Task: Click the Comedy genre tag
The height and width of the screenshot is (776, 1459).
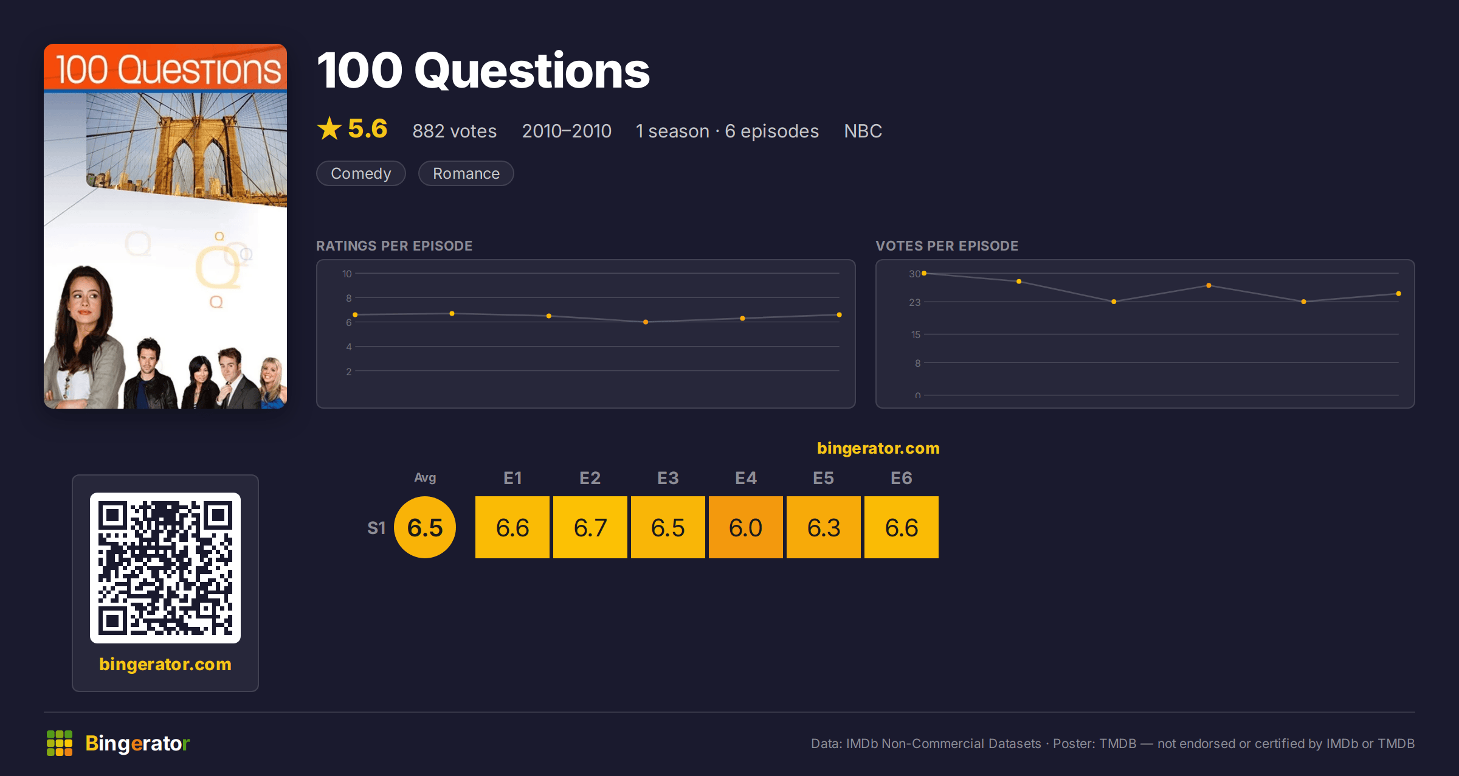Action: point(360,173)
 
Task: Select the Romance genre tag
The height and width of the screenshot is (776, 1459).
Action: point(466,173)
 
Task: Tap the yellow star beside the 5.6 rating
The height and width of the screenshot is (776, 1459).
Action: point(329,128)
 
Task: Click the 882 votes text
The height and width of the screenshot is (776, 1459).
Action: point(455,131)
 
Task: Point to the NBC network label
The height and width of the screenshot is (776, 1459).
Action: point(863,131)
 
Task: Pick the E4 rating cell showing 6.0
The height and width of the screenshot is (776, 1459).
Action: point(746,527)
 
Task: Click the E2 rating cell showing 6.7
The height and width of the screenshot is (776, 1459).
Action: point(590,527)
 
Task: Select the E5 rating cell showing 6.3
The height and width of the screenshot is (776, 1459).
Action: point(824,527)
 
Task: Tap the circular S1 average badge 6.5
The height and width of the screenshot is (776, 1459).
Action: point(425,527)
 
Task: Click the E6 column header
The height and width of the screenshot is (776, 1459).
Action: point(902,478)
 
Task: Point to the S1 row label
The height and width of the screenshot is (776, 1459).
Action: point(376,528)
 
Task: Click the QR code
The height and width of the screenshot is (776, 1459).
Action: point(165,568)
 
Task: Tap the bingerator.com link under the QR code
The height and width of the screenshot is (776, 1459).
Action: point(165,664)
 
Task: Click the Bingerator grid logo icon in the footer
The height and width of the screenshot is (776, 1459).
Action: point(60,743)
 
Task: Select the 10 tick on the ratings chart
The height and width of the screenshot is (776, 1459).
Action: point(347,274)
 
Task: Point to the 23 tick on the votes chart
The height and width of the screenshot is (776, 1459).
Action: point(915,302)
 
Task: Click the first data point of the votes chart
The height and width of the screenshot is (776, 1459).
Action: point(924,274)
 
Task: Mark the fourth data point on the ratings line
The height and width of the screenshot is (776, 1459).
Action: point(646,322)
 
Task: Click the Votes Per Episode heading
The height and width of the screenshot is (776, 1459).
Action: point(947,246)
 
